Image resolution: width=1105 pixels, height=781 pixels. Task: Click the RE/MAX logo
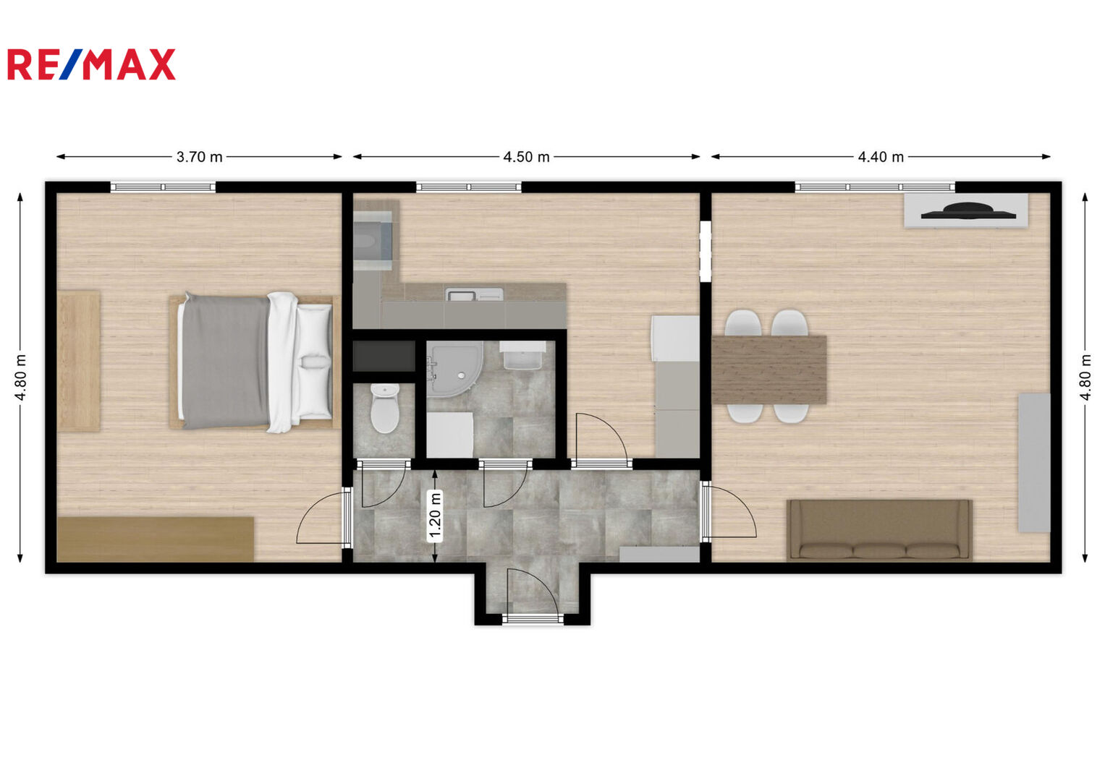click(x=92, y=64)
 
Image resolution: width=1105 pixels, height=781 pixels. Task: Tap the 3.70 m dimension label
click(x=199, y=157)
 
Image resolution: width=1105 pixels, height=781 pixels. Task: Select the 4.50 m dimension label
click(x=526, y=157)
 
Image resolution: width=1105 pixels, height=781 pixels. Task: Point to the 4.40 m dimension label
click(x=881, y=157)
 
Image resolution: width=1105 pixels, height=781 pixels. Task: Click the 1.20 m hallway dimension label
click(x=435, y=516)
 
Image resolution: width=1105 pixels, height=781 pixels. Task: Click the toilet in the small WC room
click(x=385, y=409)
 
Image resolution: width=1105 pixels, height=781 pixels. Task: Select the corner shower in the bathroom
click(x=454, y=370)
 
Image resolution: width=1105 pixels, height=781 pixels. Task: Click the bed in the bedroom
click(x=255, y=362)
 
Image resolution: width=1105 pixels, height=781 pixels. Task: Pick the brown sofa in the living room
click(x=879, y=531)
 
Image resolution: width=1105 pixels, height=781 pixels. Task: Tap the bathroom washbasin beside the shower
click(x=522, y=355)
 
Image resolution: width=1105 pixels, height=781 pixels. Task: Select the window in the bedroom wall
click(x=163, y=187)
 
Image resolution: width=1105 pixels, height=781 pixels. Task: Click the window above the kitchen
click(x=469, y=187)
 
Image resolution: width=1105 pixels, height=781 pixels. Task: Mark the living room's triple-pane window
click(x=875, y=187)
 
